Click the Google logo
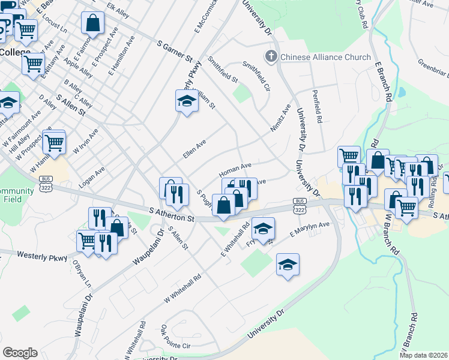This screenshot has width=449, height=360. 20,353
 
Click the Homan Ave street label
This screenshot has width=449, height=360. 235,167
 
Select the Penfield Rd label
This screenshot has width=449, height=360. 317,107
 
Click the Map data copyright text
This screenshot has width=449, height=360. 423,355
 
